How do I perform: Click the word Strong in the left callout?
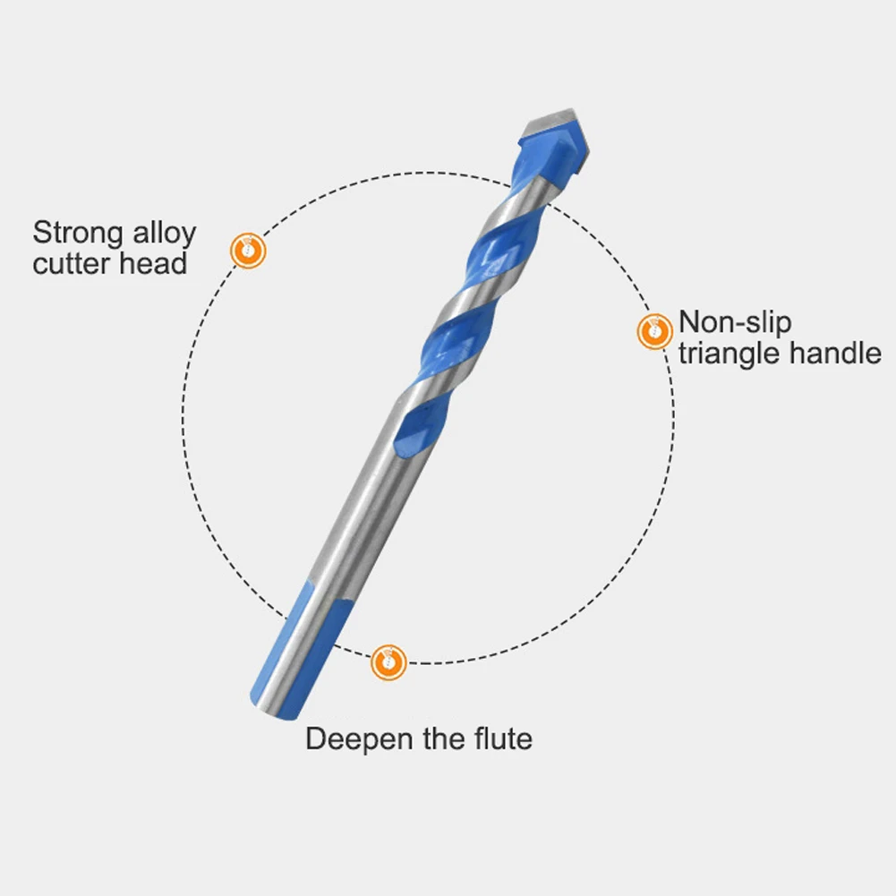(78, 235)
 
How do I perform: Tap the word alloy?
(162, 235)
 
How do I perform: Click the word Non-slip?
(735, 322)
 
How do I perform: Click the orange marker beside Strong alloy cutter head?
(248, 250)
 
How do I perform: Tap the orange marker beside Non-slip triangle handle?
(654, 331)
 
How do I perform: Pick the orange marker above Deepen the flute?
(388, 661)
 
